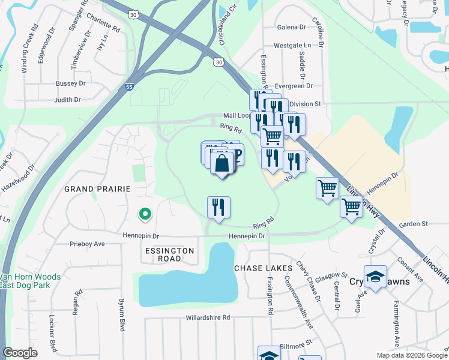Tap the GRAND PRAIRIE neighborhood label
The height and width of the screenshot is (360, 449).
point(97,188)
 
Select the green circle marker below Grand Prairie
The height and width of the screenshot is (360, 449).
point(144,213)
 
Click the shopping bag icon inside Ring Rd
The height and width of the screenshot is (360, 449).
point(221,163)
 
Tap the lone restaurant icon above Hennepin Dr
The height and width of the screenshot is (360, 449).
point(219,207)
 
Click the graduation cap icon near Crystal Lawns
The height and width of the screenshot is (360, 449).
point(375,277)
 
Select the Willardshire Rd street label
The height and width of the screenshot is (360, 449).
point(208,317)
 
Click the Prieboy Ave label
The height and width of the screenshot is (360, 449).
point(87,244)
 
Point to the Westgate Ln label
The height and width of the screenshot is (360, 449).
point(293,45)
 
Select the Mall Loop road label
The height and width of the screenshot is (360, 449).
point(237,115)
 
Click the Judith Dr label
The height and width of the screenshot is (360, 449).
point(67,100)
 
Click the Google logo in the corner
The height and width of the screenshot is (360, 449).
point(20,353)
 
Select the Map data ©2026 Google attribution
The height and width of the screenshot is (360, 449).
point(411,355)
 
